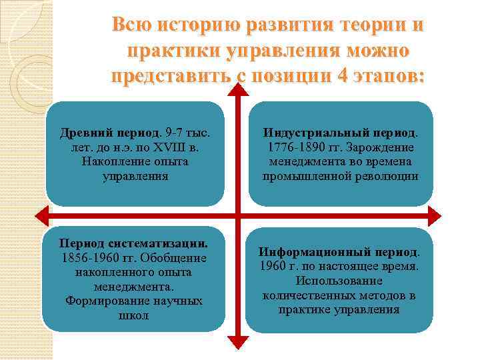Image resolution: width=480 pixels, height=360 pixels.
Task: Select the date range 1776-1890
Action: click(297, 147)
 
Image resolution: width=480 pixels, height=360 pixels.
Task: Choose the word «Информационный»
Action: click(306, 253)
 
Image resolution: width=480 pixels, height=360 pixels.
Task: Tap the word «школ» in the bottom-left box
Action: click(134, 315)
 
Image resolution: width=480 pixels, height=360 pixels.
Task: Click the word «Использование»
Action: click(339, 281)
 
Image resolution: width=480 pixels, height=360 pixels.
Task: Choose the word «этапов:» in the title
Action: click(390, 76)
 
